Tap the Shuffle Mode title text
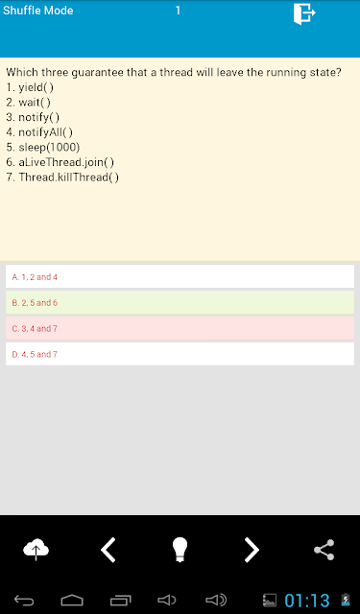38,11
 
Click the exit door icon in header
304,14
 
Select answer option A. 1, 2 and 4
180,276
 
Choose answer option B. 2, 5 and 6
180,302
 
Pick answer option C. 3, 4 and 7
180,328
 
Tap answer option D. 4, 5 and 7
180,354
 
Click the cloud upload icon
36,550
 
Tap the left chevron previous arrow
108,550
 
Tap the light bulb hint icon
180,550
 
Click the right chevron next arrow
252,550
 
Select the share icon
324,550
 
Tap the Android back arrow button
24,600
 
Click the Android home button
72,600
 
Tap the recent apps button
120,600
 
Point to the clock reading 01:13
307,601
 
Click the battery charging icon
346,600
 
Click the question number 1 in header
178,11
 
